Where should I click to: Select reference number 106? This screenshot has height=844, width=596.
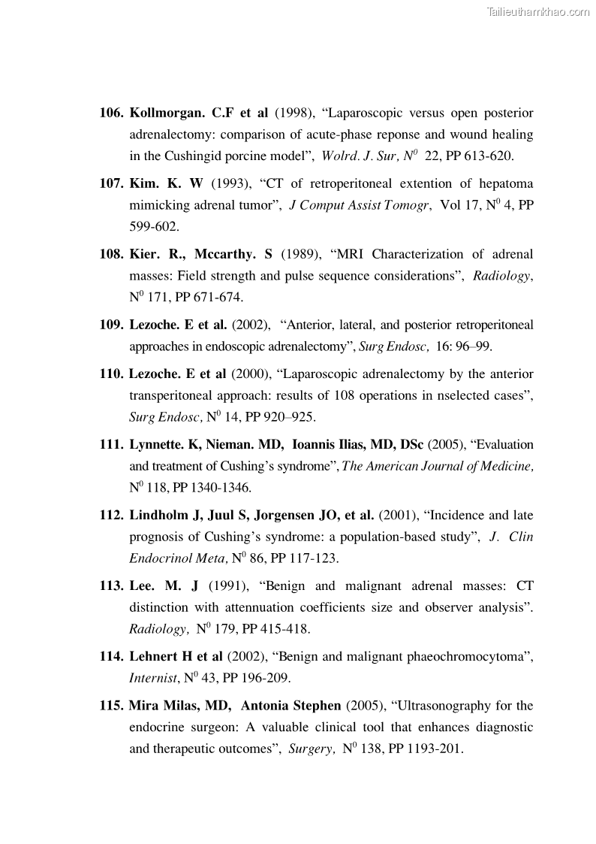pyautogui.click(x=111, y=113)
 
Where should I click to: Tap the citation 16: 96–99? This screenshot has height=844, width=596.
pyautogui.click(x=463, y=346)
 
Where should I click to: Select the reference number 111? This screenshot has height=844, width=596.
pyautogui.click(x=111, y=444)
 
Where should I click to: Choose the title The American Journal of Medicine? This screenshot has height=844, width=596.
pyautogui.click(x=438, y=466)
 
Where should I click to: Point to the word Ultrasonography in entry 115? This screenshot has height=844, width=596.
pyautogui.click(x=446, y=706)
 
